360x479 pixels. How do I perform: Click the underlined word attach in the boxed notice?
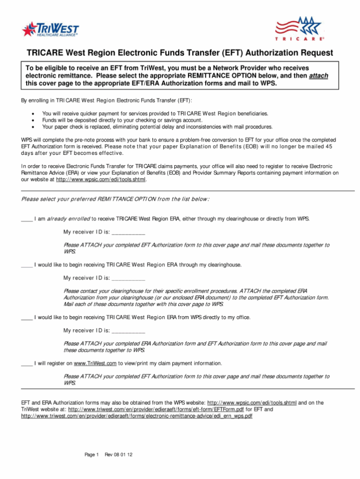pyautogui.click(x=319, y=76)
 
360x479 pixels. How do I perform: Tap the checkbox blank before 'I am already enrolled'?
pyautogui.click(x=27, y=219)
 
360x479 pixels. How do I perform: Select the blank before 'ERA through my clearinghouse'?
pyautogui.click(x=27, y=265)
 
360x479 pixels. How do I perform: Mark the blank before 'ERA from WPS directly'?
pyautogui.click(x=27, y=318)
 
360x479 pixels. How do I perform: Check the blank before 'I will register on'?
pyautogui.click(x=27, y=364)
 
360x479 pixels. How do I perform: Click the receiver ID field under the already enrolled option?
pyautogui.click(x=128, y=232)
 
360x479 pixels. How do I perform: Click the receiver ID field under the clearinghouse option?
pyautogui.click(x=128, y=278)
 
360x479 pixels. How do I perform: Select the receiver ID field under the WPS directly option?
pyautogui.click(x=128, y=331)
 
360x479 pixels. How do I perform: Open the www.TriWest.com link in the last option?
pyautogui.click(x=95, y=364)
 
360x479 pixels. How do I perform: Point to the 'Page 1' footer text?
pyautogui.click(x=91, y=455)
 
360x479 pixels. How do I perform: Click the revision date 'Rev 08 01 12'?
pyautogui.click(x=119, y=455)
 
